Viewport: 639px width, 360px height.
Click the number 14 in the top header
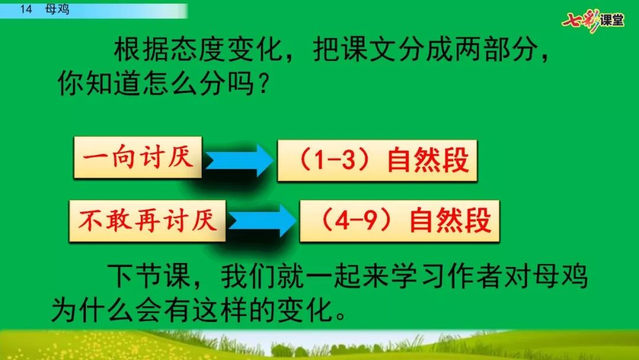point(25,9)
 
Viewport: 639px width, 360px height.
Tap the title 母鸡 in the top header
point(57,9)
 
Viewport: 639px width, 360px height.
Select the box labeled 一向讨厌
point(138,157)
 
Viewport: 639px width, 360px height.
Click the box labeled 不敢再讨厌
point(147,221)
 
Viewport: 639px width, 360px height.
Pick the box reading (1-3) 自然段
point(377,160)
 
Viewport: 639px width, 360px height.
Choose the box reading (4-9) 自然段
point(399,221)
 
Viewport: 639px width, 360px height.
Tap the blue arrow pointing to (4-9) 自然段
point(262,221)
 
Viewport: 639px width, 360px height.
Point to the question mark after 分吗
point(263,84)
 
